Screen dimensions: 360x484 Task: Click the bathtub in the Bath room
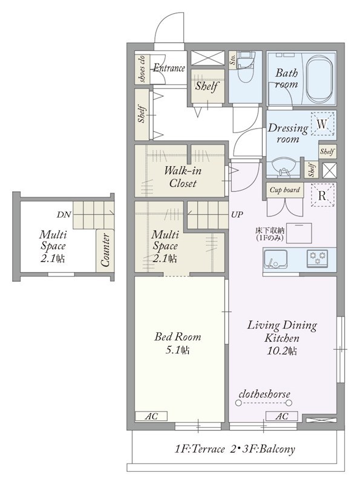click(319, 79)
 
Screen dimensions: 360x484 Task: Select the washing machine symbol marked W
click(322, 124)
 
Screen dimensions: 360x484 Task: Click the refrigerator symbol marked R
click(322, 195)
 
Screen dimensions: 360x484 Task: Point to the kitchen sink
click(275, 260)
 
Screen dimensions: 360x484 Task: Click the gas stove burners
click(318, 258)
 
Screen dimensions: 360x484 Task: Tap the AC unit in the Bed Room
click(151, 416)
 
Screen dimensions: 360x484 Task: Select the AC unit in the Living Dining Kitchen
click(281, 416)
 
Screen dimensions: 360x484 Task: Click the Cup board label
click(284, 190)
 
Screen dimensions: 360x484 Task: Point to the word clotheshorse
click(264, 394)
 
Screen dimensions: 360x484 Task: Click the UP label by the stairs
click(237, 215)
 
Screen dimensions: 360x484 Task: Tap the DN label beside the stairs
click(64, 215)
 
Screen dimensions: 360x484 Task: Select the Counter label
click(105, 250)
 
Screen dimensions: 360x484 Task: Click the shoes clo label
click(142, 69)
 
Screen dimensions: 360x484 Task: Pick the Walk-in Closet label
click(183, 177)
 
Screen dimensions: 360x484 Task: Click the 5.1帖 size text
click(177, 350)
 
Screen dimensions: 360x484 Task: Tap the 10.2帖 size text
click(281, 351)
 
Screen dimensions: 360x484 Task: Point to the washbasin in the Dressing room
click(282, 168)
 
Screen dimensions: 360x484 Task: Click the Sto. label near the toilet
click(233, 59)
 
